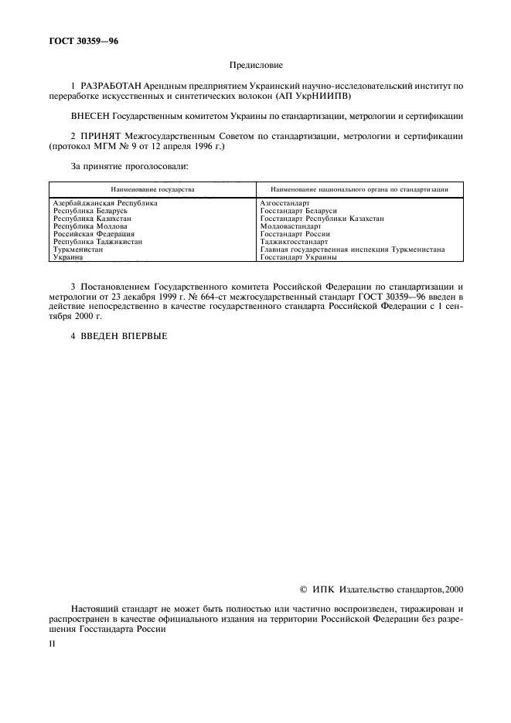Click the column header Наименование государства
152,188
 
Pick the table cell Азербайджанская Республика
104,202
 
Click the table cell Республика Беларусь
90,210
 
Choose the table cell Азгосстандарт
284,202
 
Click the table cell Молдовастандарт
291,226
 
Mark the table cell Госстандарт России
295,233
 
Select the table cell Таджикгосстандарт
294,241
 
